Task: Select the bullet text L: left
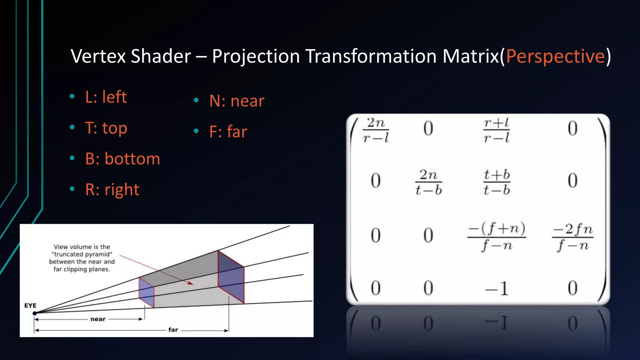(106, 97)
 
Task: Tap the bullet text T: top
(106, 128)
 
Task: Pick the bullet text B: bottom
(122, 159)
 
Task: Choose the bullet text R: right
(112, 190)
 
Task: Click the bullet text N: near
(237, 101)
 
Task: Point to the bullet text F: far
(228, 132)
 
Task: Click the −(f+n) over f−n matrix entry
(496, 237)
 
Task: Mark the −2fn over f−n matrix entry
(572, 237)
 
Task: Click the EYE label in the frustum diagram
(30, 305)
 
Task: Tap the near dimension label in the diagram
(98, 319)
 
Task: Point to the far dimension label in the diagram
(173, 330)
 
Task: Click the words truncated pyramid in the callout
(82, 254)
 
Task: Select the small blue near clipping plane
(146, 293)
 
